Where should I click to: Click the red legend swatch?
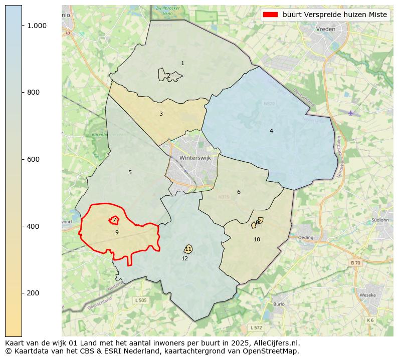(271, 15)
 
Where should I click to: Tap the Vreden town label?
(326, 30)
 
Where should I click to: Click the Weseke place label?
(367, 295)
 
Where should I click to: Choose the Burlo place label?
(279, 304)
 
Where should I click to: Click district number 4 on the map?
(271, 131)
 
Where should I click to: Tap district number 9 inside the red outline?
(117, 232)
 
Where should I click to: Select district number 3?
(161, 114)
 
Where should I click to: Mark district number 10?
(257, 240)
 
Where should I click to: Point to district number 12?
(185, 258)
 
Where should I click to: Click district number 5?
(130, 173)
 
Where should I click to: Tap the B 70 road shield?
(355, 263)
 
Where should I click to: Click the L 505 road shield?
(141, 300)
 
